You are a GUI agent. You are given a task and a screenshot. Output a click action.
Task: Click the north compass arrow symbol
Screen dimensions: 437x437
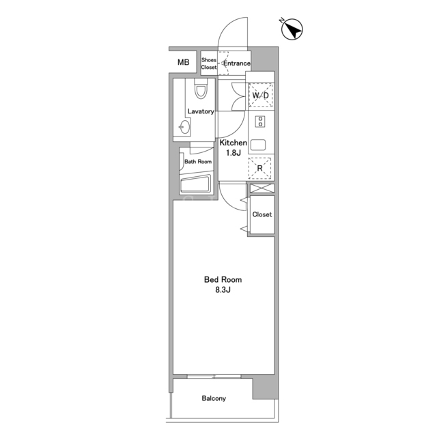[x=292, y=29]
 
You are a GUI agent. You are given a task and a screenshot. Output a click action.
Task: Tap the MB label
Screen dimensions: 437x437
[x=184, y=62]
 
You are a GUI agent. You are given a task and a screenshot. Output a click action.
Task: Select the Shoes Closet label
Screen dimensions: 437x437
[x=209, y=64]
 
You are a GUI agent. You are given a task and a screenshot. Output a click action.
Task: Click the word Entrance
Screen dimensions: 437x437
[x=237, y=64]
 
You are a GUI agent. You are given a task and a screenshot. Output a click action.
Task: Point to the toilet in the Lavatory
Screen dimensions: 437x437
[x=201, y=88]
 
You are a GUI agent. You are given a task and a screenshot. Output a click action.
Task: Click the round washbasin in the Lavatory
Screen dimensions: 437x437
[x=184, y=127]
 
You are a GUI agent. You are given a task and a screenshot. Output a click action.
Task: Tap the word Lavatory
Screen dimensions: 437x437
[x=201, y=111]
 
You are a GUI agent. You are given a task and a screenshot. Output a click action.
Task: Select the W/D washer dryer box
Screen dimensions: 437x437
[x=261, y=96]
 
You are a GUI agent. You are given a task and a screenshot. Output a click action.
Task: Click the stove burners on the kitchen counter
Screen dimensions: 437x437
[x=260, y=122]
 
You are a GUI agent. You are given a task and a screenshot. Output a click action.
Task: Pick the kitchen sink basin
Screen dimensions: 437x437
[x=258, y=145]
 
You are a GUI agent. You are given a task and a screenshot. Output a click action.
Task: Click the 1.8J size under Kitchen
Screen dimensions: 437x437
[x=234, y=153]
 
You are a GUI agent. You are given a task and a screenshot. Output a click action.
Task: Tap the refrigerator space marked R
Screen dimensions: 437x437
[x=259, y=168]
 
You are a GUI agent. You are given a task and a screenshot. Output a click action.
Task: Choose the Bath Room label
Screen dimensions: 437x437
[x=198, y=162]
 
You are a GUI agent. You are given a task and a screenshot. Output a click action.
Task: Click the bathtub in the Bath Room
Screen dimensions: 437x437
[x=196, y=184]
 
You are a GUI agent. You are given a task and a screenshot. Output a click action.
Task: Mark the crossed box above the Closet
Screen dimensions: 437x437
[x=262, y=188]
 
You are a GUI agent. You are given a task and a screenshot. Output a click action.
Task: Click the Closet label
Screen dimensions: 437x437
[x=262, y=214]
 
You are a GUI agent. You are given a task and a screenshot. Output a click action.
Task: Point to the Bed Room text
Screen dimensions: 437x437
[x=223, y=279]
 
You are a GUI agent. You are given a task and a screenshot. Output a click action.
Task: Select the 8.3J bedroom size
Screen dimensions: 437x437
[x=223, y=290]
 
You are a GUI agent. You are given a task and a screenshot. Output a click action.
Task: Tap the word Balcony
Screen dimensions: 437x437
[x=214, y=399]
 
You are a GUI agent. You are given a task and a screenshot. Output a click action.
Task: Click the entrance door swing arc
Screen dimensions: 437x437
[x=225, y=26]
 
